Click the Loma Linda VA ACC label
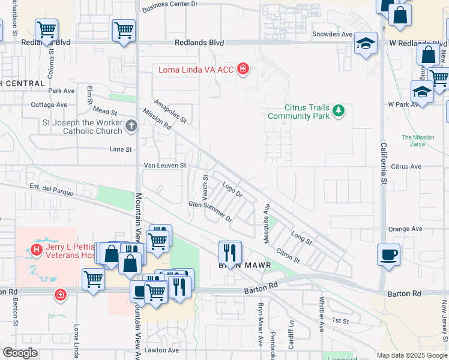196,70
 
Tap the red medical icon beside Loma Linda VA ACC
243,70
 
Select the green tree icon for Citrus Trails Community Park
339,110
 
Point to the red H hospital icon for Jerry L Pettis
37,250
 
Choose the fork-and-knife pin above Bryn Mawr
231,250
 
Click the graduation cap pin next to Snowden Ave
365,43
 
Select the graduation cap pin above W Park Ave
422,92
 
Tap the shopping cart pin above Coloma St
46,29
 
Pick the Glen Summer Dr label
210,211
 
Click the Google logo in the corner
20,353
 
